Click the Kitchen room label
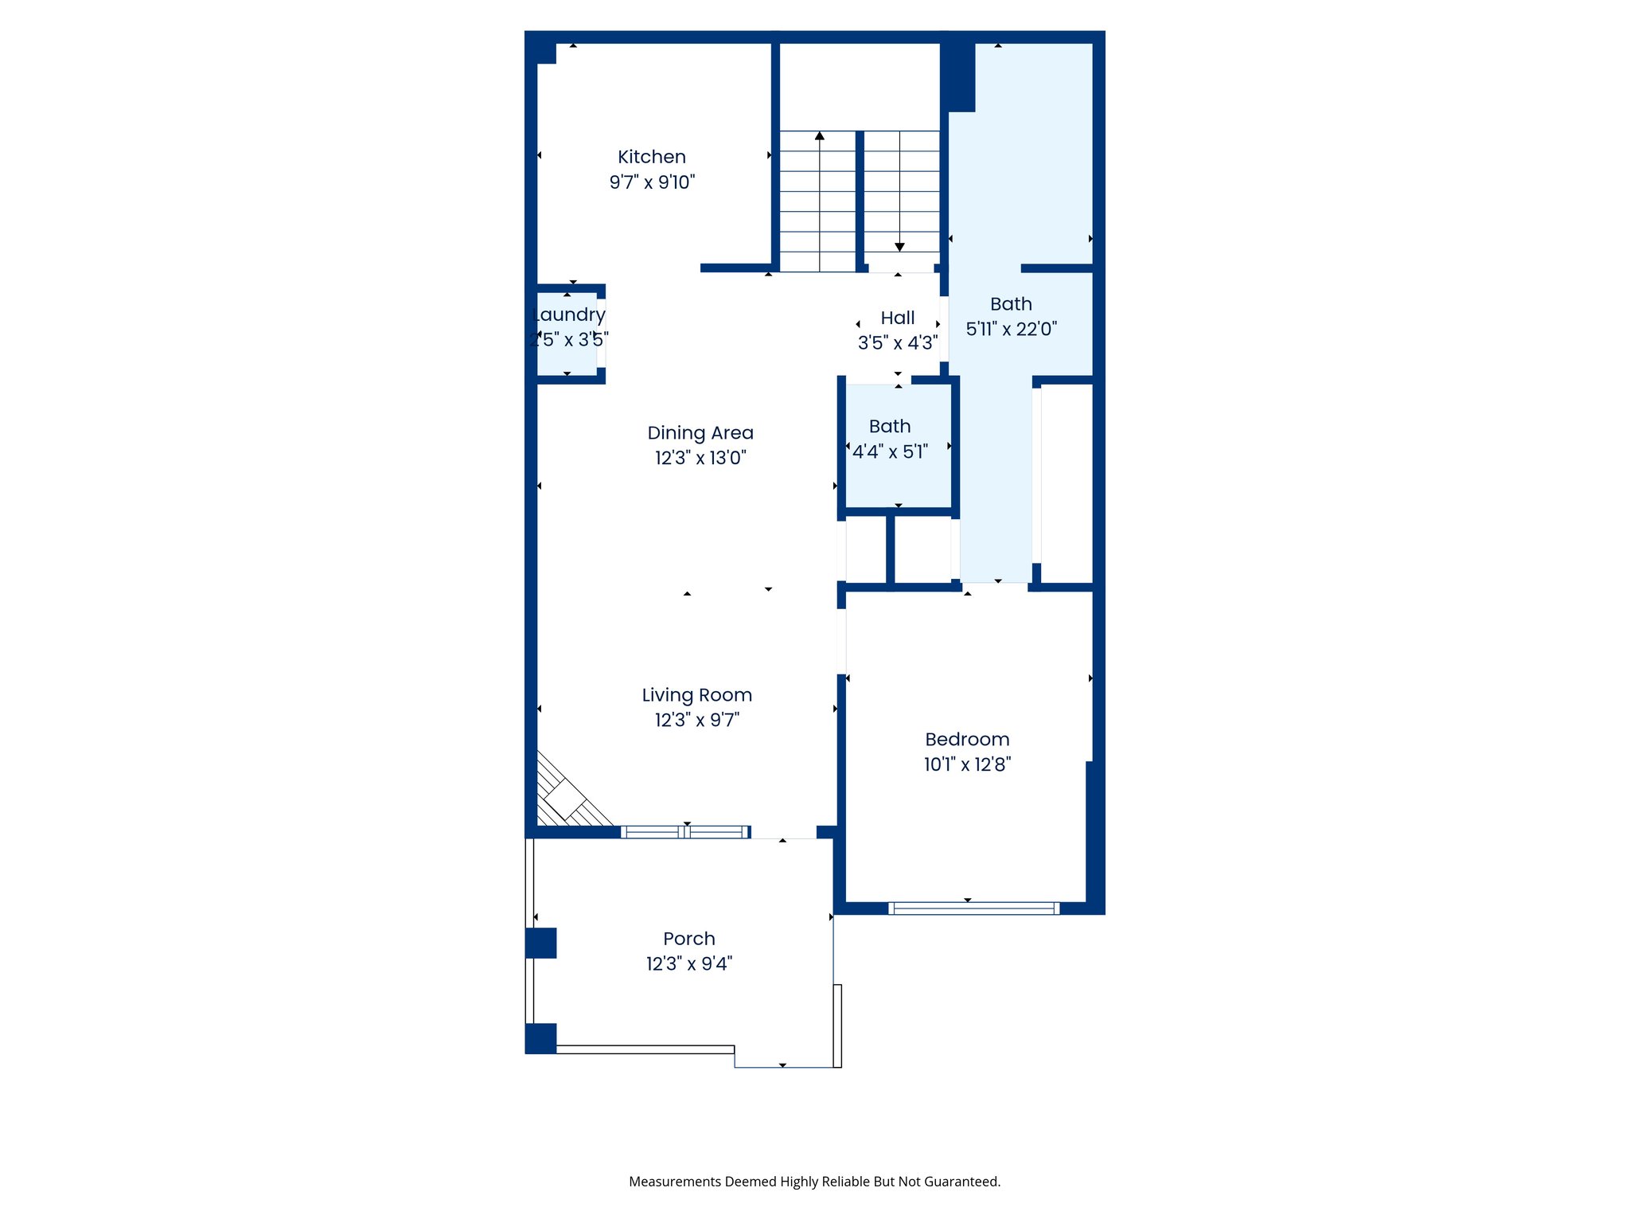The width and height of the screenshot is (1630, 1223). point(651,157)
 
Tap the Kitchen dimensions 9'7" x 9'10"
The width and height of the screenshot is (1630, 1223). point(651,182)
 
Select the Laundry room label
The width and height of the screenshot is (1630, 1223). point(568,315)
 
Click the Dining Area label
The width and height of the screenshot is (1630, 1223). point(700,433)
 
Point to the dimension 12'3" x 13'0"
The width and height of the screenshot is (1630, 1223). point(700,458)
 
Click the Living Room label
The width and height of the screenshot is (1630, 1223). point(696,695)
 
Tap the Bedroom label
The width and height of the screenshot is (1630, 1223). point(966,740)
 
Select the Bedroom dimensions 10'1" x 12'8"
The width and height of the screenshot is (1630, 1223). point(966,764)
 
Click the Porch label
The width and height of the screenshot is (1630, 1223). point(688,939)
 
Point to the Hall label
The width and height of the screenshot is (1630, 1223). point(897,318)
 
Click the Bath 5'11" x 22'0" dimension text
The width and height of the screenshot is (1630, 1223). point(1011,329)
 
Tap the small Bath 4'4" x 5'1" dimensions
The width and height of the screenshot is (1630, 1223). point(890,452)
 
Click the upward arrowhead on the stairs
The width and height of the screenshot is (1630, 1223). point(819,136)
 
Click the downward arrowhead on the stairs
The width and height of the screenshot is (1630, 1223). point(899,247)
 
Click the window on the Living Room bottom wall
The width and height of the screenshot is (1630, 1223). point(685,832)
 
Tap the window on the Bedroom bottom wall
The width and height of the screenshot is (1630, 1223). point(973,908)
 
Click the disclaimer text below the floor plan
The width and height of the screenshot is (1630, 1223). point(814,1182)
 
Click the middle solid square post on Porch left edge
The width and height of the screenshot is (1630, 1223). point(541,943)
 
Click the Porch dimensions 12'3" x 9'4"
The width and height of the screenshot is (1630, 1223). point(688,963)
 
